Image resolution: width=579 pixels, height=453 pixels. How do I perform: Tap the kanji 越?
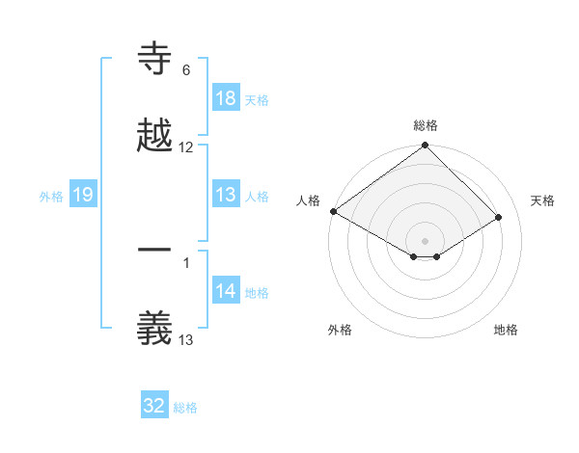(x=154, y=136)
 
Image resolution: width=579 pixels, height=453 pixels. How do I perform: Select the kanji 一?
(x=154, y=250)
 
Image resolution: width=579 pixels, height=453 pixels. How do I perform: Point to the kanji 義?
(x=154, y=328)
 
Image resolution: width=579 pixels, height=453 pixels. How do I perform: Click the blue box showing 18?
(x=226, y=98)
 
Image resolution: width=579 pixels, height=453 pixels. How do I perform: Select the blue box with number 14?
(x=226, y=291)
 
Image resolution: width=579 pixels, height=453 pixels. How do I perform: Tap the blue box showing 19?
(x=82, y=195)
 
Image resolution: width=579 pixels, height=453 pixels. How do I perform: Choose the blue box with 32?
(x=154, y=406)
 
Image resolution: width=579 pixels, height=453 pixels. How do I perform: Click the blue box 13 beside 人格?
(x=226, y=195)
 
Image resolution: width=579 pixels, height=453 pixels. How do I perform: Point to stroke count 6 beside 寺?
(x=186, y=70)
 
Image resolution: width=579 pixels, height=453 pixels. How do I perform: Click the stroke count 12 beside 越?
(x=186, y=147)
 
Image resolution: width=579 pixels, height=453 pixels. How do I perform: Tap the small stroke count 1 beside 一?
(x=186, y=262)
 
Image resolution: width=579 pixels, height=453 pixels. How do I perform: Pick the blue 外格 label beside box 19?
(x=51, y=196)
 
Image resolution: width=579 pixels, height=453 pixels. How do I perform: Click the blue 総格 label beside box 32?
(x=185, y=408)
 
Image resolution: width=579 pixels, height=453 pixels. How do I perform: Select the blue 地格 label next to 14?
(x=257, y=292)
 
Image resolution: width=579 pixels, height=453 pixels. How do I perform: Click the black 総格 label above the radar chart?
(x=426, y=125)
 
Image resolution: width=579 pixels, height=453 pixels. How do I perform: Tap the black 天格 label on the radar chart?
(x=542, y=200)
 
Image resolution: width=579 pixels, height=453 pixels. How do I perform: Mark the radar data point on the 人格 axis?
(x=333, y=211)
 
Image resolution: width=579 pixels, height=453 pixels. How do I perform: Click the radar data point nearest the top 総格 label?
(x=426, y=147)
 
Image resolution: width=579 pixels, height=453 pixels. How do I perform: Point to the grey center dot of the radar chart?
(x=426, y=239)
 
